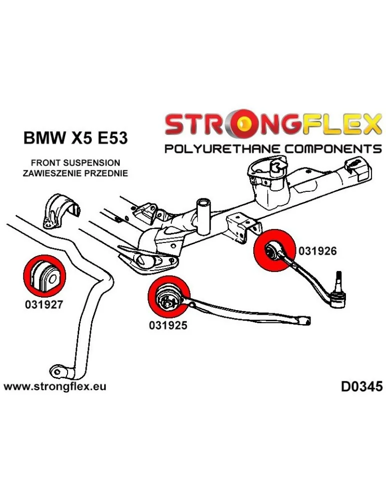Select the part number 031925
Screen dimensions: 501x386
click(168, 325)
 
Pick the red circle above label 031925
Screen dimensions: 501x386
click(168, 297)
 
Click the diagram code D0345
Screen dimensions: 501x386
click(361, 386)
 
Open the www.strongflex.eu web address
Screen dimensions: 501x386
click(55, 386)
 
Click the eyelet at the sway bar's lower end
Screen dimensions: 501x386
click(59, 372)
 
